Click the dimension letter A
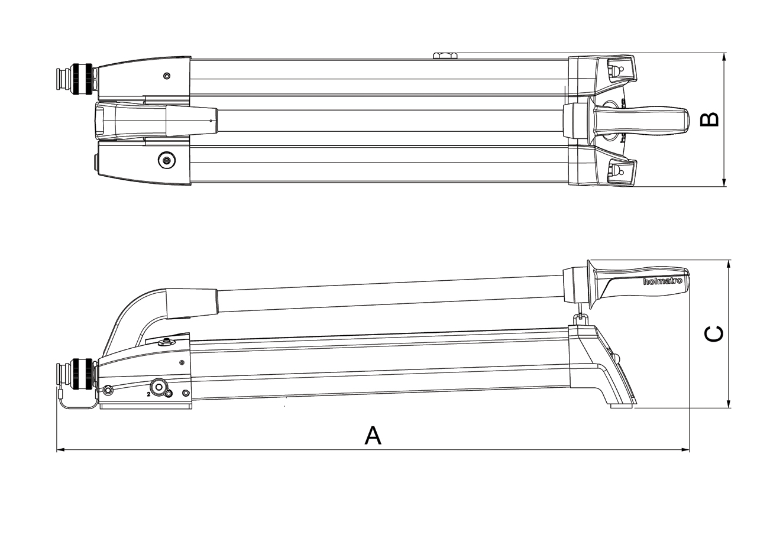click(x=373, y=435)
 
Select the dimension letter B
click(x=709, y=119)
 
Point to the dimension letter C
click(x=714, y=333)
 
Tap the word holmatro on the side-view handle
click(x=662, y=281)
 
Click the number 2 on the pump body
click(x=148, y=394)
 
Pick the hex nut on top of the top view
click(x=445, y=56)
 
